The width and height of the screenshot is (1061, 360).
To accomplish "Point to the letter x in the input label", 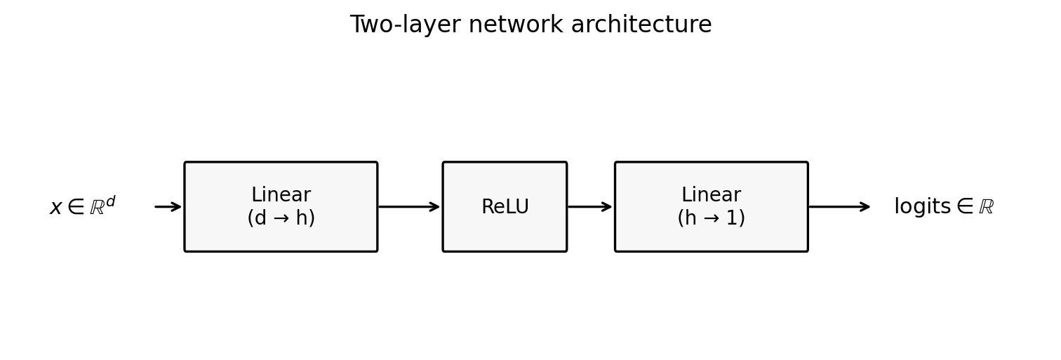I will [x=56, y=208].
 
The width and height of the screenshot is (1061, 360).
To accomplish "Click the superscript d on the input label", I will [x=110, y=201].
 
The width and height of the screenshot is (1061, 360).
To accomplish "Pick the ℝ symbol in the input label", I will [x=97, y=208].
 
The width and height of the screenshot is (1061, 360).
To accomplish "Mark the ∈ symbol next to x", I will [x=76, y=207].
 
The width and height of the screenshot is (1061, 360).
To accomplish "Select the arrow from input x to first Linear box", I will [x=168, y=206].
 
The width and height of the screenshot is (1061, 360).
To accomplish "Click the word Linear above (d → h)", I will [x=281, y=195].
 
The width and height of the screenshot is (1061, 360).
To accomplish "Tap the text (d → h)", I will [x=281, y=218].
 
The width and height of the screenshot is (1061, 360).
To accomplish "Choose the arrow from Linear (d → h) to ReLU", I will [x=409, y=206].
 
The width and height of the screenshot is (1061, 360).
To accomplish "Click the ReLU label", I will [x=505, y=207].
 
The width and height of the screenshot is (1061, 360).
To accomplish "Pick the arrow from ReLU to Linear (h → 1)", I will [x=590, y=206].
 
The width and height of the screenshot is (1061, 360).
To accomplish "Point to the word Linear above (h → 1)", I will [x=711, y=195].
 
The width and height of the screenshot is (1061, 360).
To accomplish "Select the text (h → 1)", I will [x=711, y=218].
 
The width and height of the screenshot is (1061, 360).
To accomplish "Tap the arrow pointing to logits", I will [x=839, y=206].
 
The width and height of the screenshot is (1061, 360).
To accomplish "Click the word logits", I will [x=922, y=207].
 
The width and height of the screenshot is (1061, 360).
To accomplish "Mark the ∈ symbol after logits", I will [x=965, y=207].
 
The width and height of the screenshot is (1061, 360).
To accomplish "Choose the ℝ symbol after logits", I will [x=986, y=207].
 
